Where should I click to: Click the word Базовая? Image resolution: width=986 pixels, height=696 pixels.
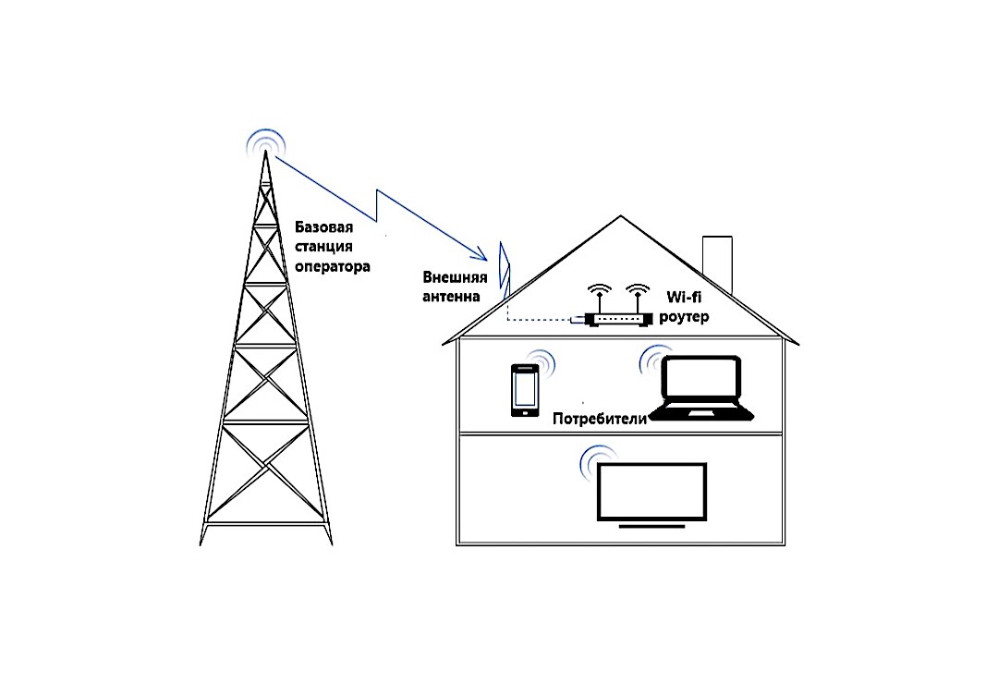(323, 227)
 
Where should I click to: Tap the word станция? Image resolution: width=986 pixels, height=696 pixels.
(323, 247)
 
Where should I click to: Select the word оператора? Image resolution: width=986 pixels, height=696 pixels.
(332, 266)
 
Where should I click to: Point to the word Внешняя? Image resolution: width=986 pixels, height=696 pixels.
(455, 277)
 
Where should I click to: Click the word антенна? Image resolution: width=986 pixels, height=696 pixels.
(451, 296)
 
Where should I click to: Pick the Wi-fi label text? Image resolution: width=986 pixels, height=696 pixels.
(684, 297)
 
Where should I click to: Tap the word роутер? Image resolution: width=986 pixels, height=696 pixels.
(684, 318)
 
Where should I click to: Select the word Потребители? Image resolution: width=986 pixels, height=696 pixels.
(600, 419)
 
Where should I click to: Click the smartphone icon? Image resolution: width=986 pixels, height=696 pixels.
(525, 390)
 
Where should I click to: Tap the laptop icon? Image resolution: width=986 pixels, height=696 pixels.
(700, 388)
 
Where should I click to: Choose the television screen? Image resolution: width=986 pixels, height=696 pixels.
(651, 492)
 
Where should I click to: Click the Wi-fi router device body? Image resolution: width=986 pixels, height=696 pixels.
(617, 320)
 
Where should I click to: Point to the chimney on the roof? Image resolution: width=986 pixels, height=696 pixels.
(717, 263)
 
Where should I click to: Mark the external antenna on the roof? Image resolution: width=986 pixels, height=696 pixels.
(504, 268)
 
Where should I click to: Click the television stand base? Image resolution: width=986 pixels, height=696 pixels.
(651, 526)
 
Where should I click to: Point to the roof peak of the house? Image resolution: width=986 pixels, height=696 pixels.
(621, 216)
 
